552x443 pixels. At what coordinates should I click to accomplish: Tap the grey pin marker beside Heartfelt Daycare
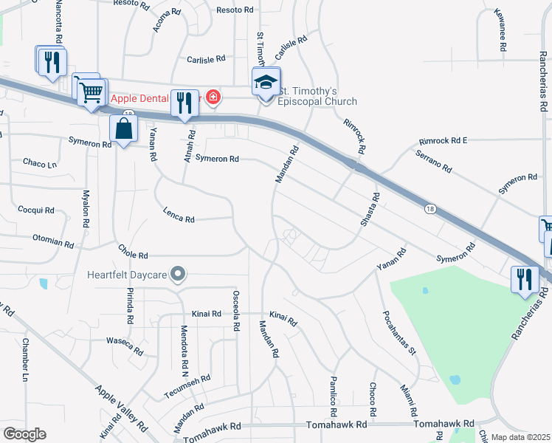click(177, 275)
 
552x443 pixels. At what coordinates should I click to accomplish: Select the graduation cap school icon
click(266, 82)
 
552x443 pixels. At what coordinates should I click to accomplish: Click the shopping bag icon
click(124, 129)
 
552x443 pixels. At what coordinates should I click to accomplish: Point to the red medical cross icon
click(213, 97)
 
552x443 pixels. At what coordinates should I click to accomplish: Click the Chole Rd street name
click(133, 255)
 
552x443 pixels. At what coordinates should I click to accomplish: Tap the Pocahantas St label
click(399, 332)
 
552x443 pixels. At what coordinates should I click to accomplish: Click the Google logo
click(24, 434)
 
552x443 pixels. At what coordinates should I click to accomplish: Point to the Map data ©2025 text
click(520, 437)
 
